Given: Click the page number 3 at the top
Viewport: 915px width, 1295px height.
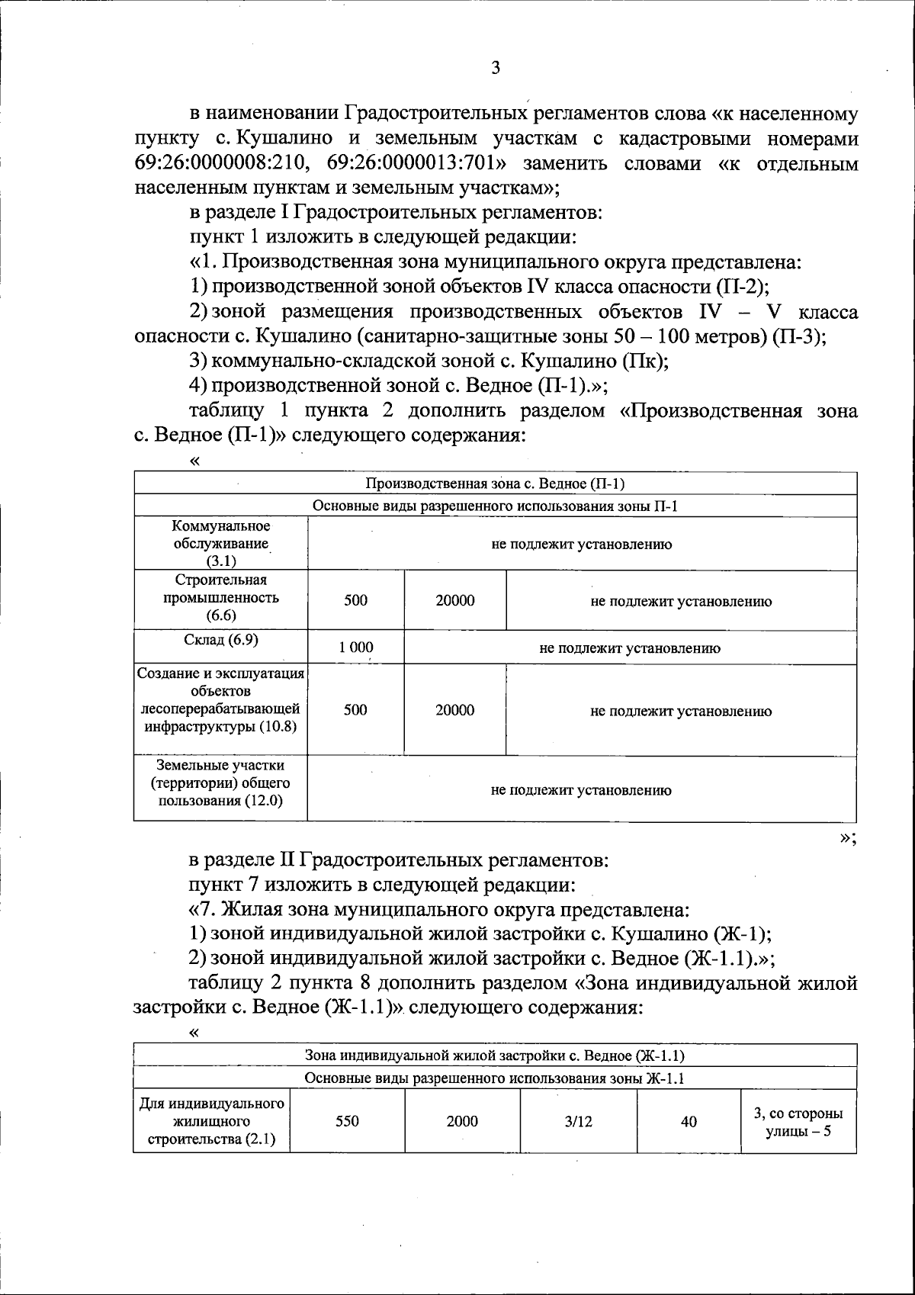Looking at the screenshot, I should [x=495, y=69].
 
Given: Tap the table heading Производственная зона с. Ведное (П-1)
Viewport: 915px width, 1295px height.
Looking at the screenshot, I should [x=496, y=484].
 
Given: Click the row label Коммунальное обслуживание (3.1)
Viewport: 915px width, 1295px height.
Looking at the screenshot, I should [x=221, y=544].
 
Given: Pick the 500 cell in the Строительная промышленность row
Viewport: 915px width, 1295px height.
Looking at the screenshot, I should [x=355, y=601].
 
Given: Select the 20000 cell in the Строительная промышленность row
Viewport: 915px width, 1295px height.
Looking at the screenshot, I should [x=454, y=601].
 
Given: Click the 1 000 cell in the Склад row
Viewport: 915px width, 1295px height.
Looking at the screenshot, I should [x=355, y=648].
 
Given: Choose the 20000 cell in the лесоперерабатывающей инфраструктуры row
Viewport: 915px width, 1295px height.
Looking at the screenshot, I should [x=454, y=710].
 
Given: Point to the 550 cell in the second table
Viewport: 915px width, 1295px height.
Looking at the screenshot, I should [x=347, y=1121].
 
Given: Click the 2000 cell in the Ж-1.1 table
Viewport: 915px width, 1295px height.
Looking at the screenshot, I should [x=462, y=1121].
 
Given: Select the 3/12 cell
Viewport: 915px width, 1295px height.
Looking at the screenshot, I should [x=578, y=1121].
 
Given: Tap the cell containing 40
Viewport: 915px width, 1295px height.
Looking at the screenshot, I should [x=689, y=1121].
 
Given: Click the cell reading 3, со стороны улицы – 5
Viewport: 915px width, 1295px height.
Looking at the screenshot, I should [x=798, y=1121].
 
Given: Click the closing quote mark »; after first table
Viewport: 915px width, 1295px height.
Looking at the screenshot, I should [x=847, y=837].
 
